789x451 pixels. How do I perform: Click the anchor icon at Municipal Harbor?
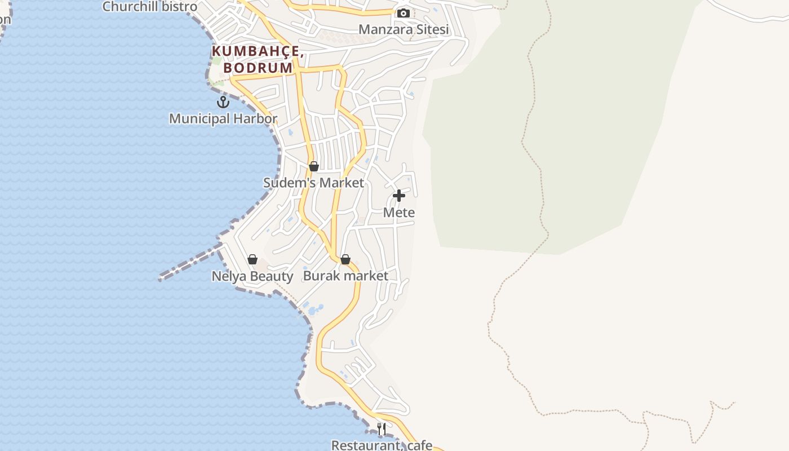point(223,102)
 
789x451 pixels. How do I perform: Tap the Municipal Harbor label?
point(223,119)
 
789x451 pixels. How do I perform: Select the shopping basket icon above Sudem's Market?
point(314,166)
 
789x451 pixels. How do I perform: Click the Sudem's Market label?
point(314,183)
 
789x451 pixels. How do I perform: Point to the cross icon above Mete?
point(399,196)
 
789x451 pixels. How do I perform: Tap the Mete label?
point(399,213)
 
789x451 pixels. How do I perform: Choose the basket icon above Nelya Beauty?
point(252,259)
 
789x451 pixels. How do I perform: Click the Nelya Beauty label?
point(252,276)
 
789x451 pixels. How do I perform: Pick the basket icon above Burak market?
point(345,259)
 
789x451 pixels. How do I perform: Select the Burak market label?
point(345,276)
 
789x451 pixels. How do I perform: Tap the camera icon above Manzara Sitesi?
point(404,13)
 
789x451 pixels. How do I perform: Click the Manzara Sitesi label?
point(404,29)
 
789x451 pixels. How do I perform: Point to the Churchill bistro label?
point(150,7)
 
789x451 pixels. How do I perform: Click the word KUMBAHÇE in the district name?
point(258,51)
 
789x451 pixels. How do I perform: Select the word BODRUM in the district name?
point(258,68)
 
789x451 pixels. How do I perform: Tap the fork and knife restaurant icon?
point(382,429)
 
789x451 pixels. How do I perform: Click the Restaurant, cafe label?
point(382,445)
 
